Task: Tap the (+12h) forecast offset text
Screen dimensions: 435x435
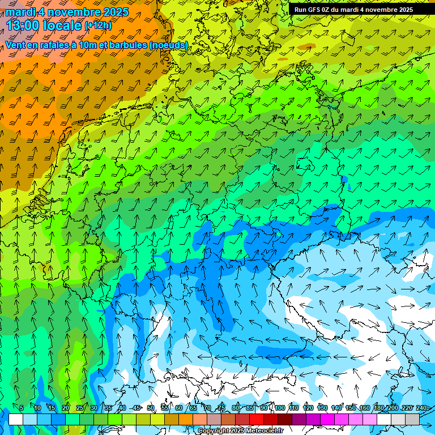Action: [x=98, y=25]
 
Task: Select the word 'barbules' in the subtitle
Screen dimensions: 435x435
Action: [x=132, y=45]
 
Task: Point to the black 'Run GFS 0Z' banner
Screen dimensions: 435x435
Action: [x=353, y=9]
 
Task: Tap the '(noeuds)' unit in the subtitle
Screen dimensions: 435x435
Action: [x=170, y=45]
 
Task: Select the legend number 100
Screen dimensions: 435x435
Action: [x=280, y=408]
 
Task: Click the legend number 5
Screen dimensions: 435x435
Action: [x=22, y=408]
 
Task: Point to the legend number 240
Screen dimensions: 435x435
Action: [x=421, y=408]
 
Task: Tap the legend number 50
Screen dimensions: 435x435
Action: [x=151, y=408]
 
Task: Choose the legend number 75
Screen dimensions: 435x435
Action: [x=221, y=408]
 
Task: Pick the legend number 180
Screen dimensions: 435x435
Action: [x=378, y=408]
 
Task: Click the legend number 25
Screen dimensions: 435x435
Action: [x=80, y=408]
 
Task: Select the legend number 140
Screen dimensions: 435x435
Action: [x=336, y=408]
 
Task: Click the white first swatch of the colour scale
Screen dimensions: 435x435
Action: [x=16, y=419]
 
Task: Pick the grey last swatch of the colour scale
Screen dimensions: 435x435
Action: [x=412, y=419]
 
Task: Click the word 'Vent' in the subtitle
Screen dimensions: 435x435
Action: [x=16, y=45]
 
